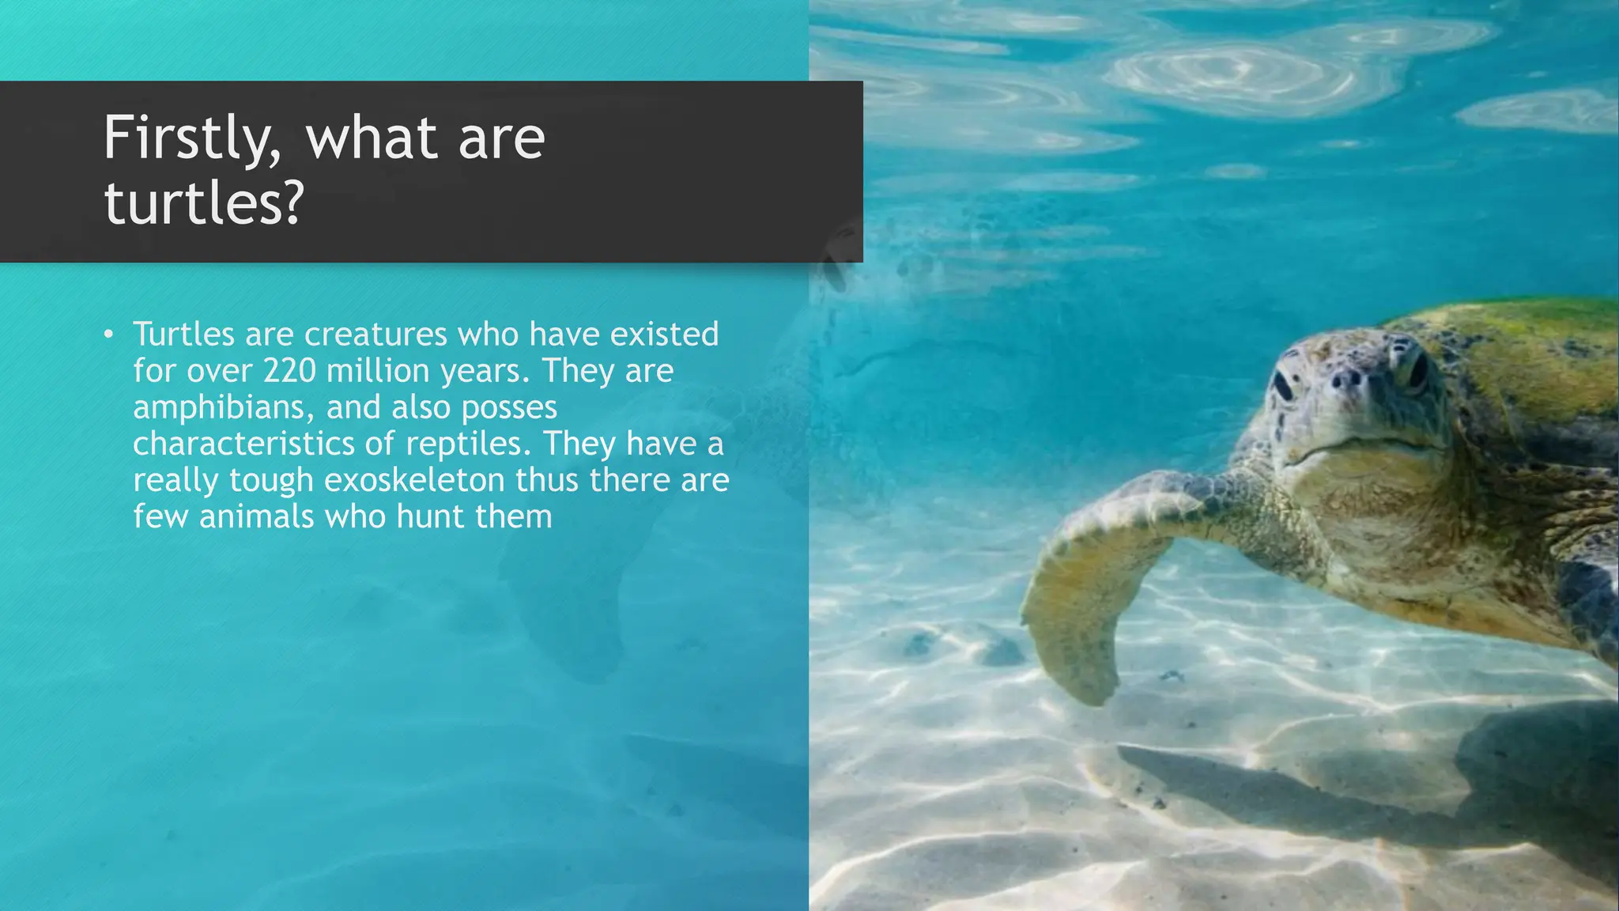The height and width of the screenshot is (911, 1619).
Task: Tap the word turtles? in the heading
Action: [204, 203]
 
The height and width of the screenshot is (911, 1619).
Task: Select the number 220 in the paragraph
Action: [289, 371]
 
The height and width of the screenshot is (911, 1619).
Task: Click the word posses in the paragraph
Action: [509, 408]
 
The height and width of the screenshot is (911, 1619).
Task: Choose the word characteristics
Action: [243, 444]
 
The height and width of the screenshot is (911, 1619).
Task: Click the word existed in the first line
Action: [664, 335]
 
